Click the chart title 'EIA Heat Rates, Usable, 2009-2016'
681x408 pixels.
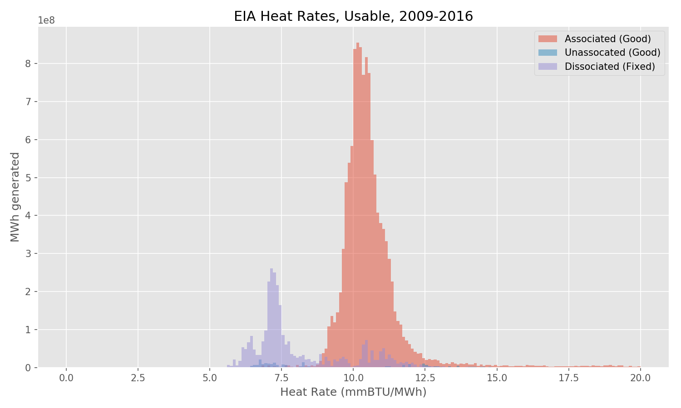353,16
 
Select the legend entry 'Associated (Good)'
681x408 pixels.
607,39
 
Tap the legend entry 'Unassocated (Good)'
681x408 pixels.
612,53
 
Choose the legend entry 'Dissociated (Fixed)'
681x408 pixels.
610,67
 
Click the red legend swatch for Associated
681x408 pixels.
548,39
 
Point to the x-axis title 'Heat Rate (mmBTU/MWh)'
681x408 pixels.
353,392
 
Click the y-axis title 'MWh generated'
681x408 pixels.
15,197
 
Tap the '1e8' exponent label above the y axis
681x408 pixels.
46,21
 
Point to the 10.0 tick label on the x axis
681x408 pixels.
353,378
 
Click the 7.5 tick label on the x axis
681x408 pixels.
281,378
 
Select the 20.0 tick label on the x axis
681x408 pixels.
640,378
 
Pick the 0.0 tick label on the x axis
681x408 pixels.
66,378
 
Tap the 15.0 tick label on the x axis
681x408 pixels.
497,378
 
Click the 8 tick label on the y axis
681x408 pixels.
29,64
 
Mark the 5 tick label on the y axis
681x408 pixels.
29,178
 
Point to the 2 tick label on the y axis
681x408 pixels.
29,292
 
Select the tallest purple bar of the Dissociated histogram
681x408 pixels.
271,317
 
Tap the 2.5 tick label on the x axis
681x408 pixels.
138,378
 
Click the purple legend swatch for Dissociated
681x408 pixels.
548,67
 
